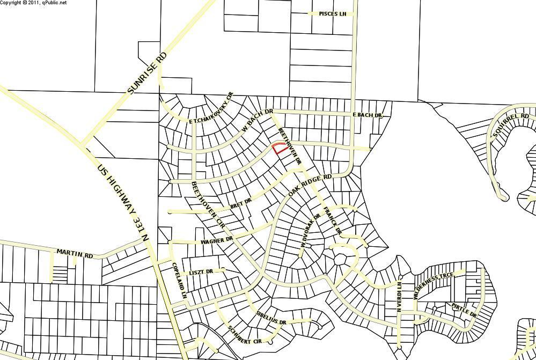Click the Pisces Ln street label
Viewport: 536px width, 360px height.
[x=333, y=14]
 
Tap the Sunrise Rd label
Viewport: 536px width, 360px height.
[x=148, y=74]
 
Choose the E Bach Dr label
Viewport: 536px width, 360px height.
[x=367, y=115]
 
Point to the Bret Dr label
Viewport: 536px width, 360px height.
[x=240, y=204]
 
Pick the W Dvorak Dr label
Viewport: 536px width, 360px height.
[x=310, y=231]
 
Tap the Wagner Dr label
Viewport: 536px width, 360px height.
[x=216, y=241]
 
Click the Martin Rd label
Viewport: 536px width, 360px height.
[x=75, y=253]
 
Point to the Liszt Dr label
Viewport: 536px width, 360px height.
[x=201, y=272]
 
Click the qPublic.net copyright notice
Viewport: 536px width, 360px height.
[x=33, y=3]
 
